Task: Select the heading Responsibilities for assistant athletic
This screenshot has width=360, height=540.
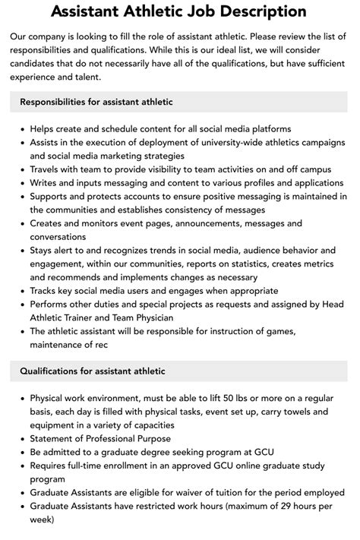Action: coord(96,101)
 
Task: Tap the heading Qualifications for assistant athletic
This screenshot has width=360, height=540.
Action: coord(93,371)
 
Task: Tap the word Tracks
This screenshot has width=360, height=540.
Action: coord(47,290)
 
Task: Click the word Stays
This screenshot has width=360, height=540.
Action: coord(44,250)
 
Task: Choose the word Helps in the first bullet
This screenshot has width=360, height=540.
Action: coord(45,128)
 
